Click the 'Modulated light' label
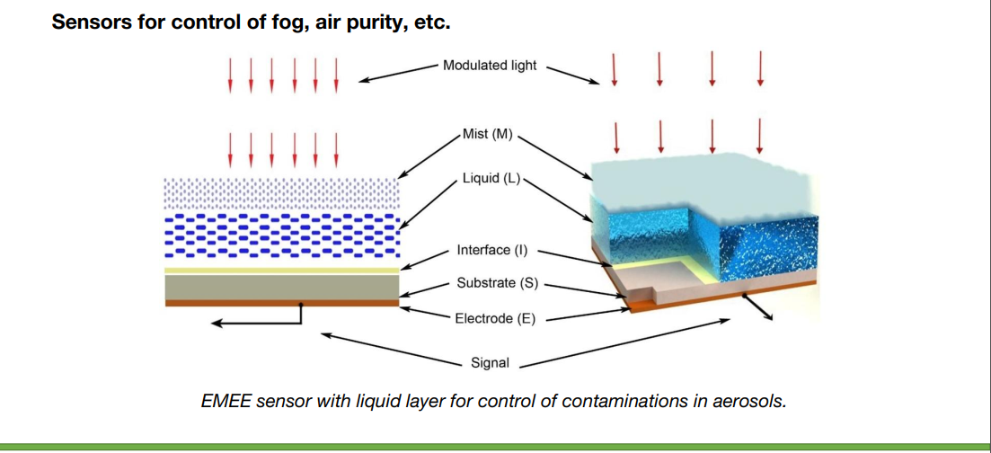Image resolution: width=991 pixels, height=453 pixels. [490, 66]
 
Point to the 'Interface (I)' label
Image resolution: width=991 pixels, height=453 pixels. [491, 251]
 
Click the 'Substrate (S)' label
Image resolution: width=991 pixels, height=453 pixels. [497, 283]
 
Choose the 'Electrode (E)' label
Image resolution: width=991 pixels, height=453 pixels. [495, 318]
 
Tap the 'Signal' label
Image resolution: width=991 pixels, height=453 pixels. [491, 363]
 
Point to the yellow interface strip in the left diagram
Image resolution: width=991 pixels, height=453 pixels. [282, 271]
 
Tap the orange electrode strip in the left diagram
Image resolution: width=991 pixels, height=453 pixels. [282, 303]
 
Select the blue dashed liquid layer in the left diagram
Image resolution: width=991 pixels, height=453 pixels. [282, 235]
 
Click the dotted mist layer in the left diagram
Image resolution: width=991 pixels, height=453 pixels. [282, 193]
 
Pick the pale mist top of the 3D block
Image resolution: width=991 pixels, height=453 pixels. [702, 183]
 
